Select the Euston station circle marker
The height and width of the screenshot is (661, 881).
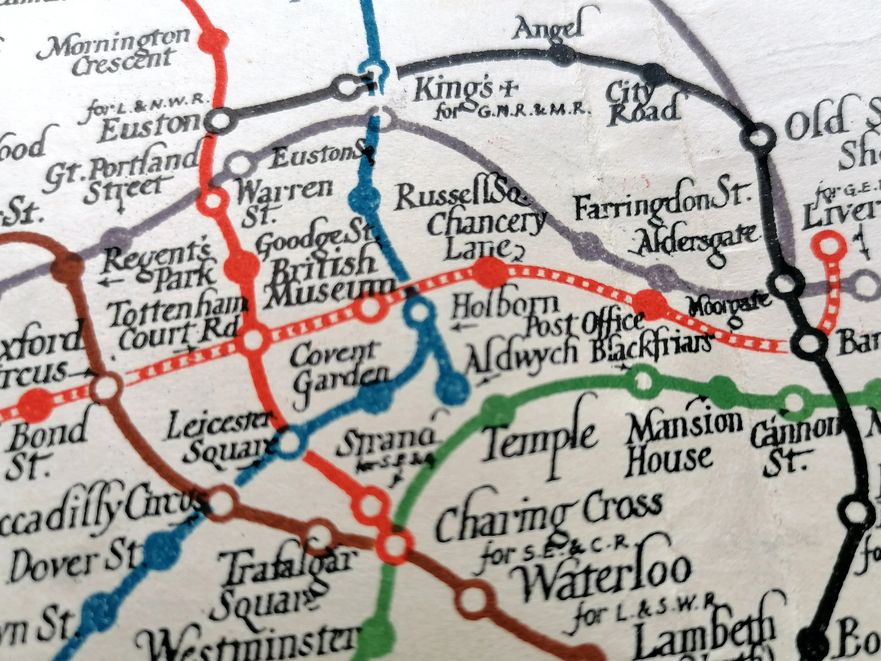(x=220, y=120)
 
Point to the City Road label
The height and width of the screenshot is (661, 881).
(x=641, y=104)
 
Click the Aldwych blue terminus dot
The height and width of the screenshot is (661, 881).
(x=452, y=387)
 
